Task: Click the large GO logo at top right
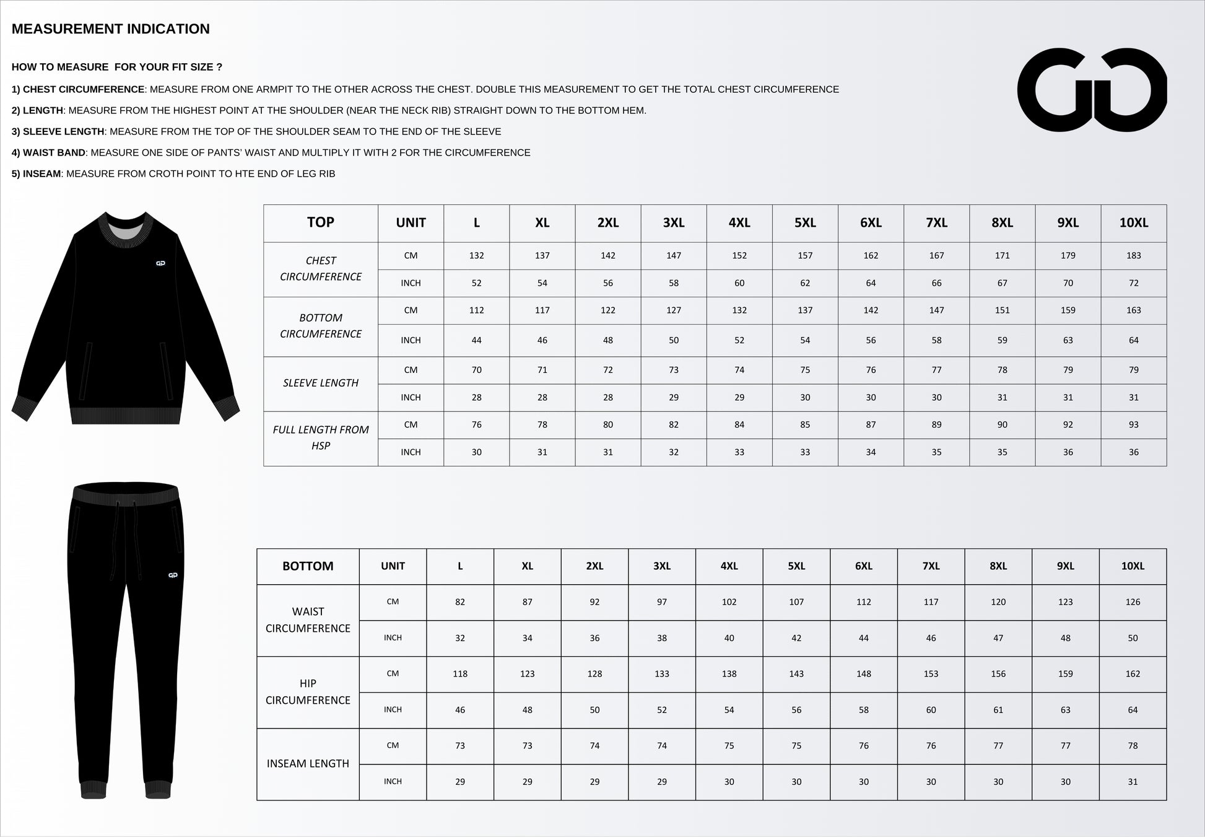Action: pyautogui.click(x=1092, y=89)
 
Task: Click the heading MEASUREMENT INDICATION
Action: pyautogui.click(x=111, y=29)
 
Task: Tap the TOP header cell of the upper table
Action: pyautogui.click(x=320, y=222)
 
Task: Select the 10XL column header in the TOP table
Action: pyautogui.click(x=1133, y=223)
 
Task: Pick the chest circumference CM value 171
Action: pyautogui.click(x=1002, y=255)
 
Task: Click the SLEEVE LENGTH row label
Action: pyautogui.click(x=320, y=383)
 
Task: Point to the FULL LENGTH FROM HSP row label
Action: pyautogui.click(x=320, y=437)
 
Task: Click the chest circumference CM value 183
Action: pyautogui.click(x=1133, y=255)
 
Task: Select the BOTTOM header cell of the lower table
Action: pyautogui.click(x=308, y=566)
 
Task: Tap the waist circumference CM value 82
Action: pyautogui.click(x=459, y=602)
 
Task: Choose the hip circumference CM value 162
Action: pyautogui.click(x=1133, y=674)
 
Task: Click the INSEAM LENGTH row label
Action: pyautogui.click(x=308, y=764)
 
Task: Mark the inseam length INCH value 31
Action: pyautogui.click(x=1133, y=782)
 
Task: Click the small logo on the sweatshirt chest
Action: pyautogui.click(x=160, y=263)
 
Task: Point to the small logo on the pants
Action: pyautogui.click(x=173, y=576)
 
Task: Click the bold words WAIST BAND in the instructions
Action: pyautogui.click(x=54, y=153)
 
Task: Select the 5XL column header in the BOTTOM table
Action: pyautogui.click(x=796, y=566)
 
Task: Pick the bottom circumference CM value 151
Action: pyautogui.click(x=1002, y=310)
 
